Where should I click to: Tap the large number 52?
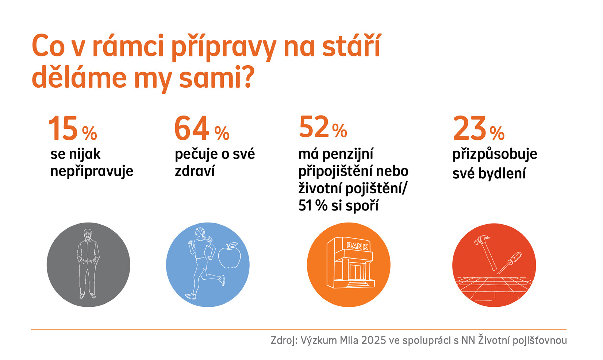point(314,127)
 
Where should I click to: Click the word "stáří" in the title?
point(352,46)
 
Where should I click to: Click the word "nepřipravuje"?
point(92,171)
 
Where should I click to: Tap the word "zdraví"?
point(195,171)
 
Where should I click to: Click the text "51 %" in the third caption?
point(313,206)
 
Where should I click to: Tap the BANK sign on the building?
point(357,246)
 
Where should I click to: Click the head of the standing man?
point(88,235)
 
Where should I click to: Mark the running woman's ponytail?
point(207,238)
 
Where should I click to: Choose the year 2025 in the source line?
point(373,340)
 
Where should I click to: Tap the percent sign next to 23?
point(497,133)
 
